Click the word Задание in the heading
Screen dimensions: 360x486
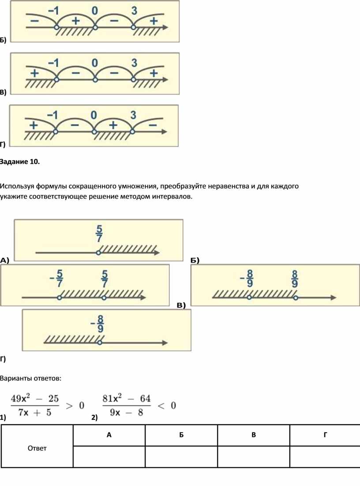click(x=14, y=162)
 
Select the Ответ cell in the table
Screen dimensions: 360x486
click(x=37, y=448)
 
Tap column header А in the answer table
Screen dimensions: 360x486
click(x=109, y=435)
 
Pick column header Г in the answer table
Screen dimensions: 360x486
click(x=325, y=435)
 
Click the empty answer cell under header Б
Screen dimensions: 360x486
click(x=181, y=456)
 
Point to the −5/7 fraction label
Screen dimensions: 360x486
click(x=57, y=278)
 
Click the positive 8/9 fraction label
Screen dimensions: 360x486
click(x=294, y=279)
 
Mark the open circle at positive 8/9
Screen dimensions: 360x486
click(x=296, y=298)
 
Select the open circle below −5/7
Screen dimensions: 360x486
click(x=59, y=298)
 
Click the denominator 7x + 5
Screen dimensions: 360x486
click(x=35, y=413)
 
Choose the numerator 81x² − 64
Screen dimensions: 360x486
click(x=127, y=398)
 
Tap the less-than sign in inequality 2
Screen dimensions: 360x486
click(x=161, y=406)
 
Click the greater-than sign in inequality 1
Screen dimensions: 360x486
click(x=69, y=406)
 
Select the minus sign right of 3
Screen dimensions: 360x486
click(x=153, y=125)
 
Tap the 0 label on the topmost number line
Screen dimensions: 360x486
click(x=95, y=11)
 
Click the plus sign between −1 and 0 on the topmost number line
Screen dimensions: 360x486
click(x=75, y=21)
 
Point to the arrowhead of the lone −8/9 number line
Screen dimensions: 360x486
click(x=165, y=343)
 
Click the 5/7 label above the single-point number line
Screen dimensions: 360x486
click(x=99, y=234)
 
